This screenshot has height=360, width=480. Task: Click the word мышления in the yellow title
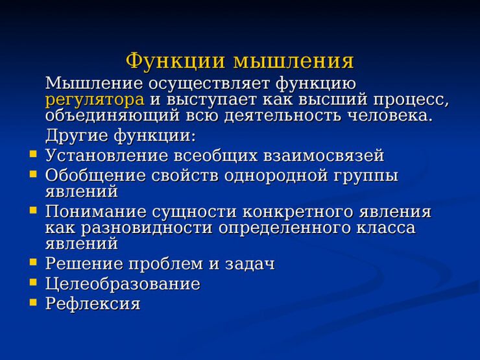coord(293,62)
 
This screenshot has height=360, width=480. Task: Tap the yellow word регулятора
coord(94,100)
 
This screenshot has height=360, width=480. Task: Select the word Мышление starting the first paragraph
coord(94,84)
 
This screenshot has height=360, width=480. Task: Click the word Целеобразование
coord(123,284)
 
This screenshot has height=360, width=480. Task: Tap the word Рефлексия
coord(93,304)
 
